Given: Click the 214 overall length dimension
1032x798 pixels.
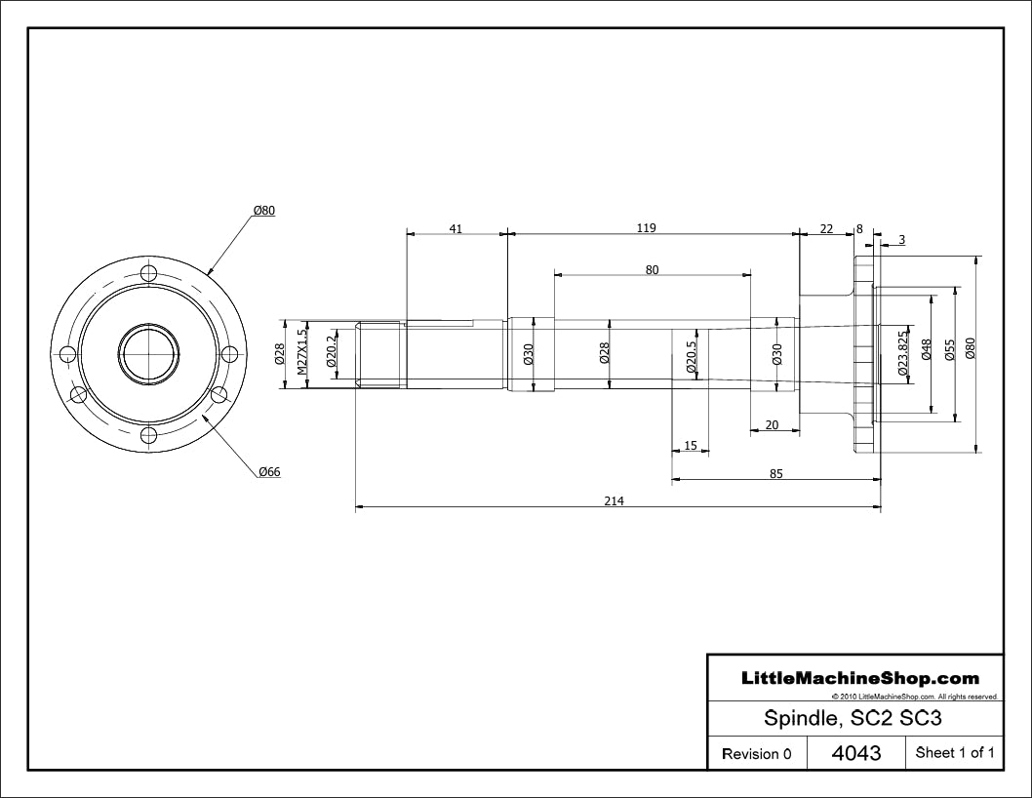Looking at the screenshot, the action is (x=615, y=501).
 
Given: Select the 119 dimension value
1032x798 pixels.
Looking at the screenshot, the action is (x=647, y=228).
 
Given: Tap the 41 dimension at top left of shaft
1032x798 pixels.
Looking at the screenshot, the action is (x=456, y=229).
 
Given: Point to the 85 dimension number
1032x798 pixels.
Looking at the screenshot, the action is (x=776, y=473).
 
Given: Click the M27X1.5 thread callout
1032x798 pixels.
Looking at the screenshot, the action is (x=301, y=352).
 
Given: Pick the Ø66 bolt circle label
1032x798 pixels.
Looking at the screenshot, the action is (x=270, y=472).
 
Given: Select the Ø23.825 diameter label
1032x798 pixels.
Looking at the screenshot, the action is (x=903, y=352).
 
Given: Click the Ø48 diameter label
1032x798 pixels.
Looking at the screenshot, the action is (x=927, y=349).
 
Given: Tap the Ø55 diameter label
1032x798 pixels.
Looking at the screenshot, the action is (x=949, y=349).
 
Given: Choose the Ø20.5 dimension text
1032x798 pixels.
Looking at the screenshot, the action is (x=691, y=357).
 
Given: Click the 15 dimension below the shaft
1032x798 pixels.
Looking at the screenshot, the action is (x=691, y=446).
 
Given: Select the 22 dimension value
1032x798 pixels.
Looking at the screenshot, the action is (x=826, y=229).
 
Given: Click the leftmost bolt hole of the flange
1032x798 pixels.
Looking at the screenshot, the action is (x=68, y=354).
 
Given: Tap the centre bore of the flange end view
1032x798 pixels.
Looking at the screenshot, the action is (x=149, y=354).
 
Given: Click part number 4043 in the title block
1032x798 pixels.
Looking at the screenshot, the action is (x=856, y=752).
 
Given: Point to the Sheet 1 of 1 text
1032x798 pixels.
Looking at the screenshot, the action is (x=955, y=752).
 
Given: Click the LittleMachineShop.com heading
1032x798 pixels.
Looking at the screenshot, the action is (x=860, y=678).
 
